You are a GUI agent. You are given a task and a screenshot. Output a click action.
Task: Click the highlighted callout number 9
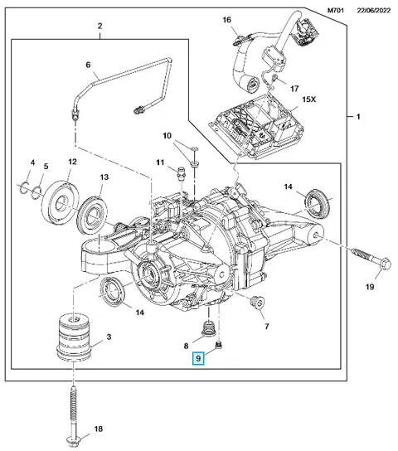198,358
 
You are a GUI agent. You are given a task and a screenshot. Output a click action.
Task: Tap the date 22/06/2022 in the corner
374,10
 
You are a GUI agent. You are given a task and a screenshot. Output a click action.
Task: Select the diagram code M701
336,10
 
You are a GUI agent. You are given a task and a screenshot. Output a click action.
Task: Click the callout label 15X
308,99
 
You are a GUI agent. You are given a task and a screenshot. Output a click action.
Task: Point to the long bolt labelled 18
74,415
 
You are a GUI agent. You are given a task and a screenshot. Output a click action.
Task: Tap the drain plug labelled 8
210,330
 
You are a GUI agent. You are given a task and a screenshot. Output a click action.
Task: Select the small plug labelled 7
257,303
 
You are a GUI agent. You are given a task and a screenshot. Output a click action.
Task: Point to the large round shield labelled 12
61,201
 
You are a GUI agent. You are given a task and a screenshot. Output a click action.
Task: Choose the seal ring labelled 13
93,214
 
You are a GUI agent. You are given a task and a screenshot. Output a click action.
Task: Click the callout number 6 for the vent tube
88,65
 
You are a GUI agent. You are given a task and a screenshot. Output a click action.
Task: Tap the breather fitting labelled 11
181,172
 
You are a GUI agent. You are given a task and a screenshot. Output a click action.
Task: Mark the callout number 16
226,20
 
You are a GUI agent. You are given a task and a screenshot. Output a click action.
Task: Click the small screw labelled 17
274,77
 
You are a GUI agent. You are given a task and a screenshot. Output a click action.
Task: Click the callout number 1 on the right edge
358,117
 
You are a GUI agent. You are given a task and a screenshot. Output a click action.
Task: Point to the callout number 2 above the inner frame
99,27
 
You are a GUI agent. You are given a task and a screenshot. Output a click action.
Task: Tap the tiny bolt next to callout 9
219,344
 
